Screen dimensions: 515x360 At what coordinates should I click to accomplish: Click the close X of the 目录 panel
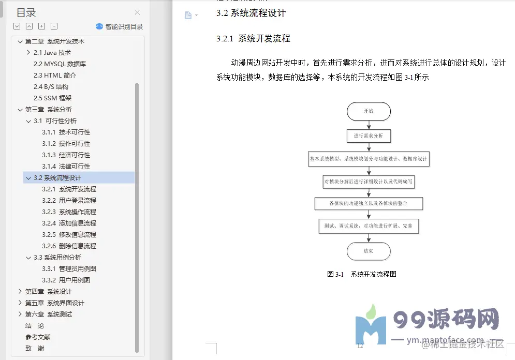[x=137, y=12]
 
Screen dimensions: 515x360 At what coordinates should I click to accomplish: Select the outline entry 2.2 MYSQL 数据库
[x=60, y=64]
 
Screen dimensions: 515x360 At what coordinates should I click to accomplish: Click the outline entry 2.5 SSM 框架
[x=52, y=98]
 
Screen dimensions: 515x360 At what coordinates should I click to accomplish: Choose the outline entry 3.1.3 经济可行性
[x=66, y=155]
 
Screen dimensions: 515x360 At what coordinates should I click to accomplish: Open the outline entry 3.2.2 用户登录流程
[x=69, y=201]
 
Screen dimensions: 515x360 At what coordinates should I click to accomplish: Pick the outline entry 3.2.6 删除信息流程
[x=69, y=246]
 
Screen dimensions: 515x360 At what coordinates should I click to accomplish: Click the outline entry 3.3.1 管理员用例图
[x=69, y=269]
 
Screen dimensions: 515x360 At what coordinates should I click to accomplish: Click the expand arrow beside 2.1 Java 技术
[x=28, y=53]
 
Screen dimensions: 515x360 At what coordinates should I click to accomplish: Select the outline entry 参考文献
[x=38, y=337]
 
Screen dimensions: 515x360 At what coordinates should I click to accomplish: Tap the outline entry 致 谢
[x=35, y=349]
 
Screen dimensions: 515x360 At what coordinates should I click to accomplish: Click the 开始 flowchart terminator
[x=369, y=111]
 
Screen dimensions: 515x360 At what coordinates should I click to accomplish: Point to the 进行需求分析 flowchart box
[x=369, y=136]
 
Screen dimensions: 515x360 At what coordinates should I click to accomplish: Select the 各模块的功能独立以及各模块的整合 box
[x=369, y=203]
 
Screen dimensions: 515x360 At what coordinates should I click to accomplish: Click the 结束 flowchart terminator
[x=369, y=251]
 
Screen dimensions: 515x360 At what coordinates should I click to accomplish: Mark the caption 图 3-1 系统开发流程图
[x=362, y=275]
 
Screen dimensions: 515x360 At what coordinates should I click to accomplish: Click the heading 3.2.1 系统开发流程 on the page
[x=253, y=39]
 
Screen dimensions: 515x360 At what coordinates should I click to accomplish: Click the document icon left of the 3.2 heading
[x=188, y=16]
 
